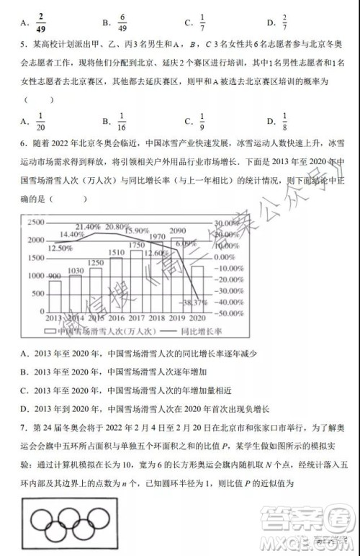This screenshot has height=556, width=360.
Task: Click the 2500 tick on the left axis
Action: coord(35,222)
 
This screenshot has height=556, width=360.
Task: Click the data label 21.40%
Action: coord(86,227)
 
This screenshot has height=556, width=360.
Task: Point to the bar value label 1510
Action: coord(116,253)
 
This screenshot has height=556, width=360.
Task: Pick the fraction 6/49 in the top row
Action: coord(123,19)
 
